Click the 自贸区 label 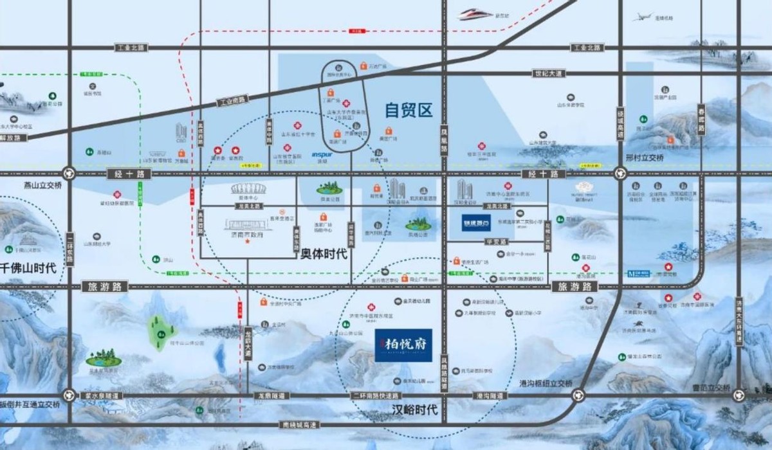[x=409, y=111]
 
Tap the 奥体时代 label [x=324, y=254]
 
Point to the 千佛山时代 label [x=29, y=268]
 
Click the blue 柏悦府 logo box [x=403, y=345]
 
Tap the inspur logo [x=322, y=154]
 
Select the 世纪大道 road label [x=547, y=73]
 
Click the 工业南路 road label [x=231, y=100]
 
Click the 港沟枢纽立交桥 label [x=546, y=383]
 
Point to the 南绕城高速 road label [x=300, y=424]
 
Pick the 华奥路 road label [x=493, y=241]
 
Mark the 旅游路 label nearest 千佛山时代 [x=106, y=287]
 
